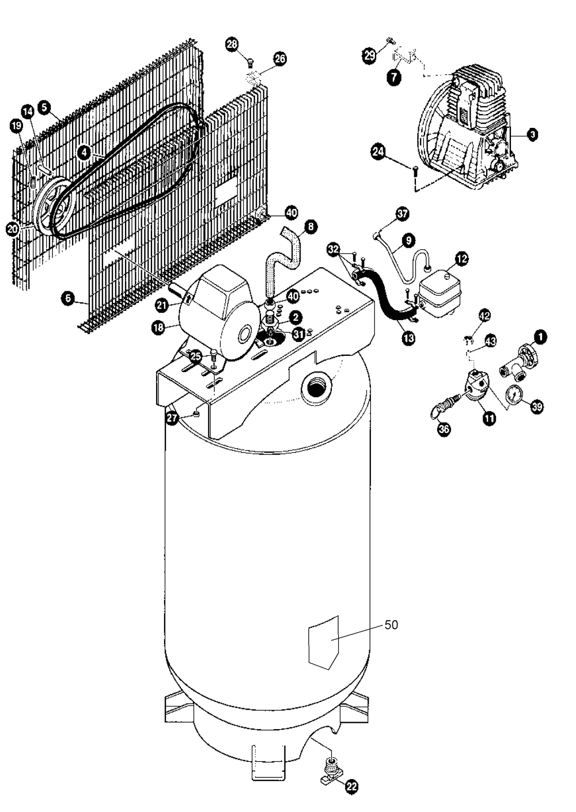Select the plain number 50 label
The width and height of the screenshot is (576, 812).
391,625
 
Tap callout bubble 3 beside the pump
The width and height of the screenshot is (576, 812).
533,134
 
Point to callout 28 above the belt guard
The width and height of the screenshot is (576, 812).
232,44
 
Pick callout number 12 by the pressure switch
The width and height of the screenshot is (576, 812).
461,260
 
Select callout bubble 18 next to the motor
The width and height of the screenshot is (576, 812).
158,327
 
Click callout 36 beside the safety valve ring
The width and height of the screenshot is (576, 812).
444,429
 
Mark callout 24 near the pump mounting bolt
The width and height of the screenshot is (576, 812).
378,152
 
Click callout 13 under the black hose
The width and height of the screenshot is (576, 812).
408,339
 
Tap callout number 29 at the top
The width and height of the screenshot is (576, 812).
369,55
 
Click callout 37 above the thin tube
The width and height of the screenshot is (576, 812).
402,214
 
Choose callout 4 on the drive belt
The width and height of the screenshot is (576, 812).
85,153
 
